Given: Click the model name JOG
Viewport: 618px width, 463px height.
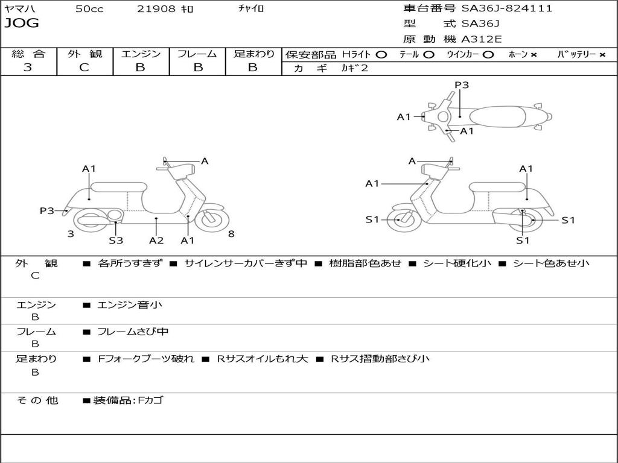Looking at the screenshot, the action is point(21,24).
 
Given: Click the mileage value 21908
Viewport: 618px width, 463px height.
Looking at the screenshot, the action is point(157,9).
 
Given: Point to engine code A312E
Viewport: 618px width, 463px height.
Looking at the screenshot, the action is point(481,39).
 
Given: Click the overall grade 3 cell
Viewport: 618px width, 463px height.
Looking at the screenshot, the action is point(28,68).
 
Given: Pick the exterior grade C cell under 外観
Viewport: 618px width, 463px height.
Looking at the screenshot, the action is point(84,68).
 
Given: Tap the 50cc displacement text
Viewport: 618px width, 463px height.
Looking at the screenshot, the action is point(89,9).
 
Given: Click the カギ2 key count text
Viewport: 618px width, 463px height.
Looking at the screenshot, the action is point(355,68).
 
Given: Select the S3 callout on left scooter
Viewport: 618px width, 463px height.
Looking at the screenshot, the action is point(116,241).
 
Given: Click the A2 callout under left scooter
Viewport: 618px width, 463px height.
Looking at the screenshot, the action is point(156,241).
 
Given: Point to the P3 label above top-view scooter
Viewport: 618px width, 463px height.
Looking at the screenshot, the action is point(462,85).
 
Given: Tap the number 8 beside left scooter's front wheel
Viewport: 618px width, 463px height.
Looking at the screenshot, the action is point(231,234).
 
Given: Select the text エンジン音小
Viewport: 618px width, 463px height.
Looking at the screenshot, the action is point(130,305).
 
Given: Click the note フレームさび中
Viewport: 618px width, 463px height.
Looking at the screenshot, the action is point(133,332).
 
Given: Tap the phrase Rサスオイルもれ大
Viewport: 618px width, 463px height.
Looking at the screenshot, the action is point(263,359).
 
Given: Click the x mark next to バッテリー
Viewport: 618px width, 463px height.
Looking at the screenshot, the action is point(602,54).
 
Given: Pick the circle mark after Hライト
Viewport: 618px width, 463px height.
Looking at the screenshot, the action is point(381,54).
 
